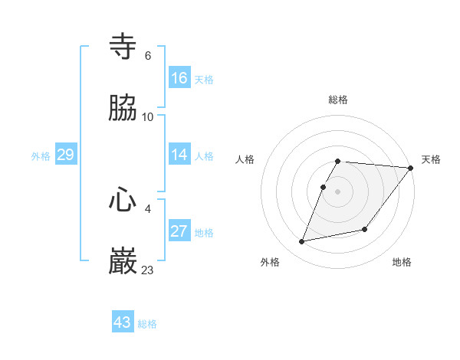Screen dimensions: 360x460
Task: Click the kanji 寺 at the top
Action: pos(123,47)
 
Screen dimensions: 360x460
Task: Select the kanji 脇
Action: pos(123,109)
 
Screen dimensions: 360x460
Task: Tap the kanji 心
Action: pos(123,200)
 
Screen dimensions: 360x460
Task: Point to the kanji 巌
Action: pos(123,261)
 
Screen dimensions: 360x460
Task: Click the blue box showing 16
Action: pos(179,77)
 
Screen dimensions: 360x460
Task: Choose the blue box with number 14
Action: pos(179,155)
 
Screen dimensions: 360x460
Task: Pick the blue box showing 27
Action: pos(179,231)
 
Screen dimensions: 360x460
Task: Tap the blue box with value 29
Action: pos(65,155)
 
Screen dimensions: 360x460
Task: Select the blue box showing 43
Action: pos(123,322)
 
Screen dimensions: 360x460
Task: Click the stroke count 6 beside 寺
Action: pos(148,55)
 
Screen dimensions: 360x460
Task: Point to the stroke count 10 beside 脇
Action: pos(148,116)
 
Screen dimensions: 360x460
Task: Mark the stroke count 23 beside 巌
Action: pos(148,270)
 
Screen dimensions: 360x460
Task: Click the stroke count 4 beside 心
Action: pos(148,208)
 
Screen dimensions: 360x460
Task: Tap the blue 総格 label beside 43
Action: pos(147,324)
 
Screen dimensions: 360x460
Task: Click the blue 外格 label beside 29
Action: pos(41,156)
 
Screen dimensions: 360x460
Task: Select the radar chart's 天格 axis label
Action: pos(431,159)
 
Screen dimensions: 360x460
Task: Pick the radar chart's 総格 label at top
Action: pos(338,100)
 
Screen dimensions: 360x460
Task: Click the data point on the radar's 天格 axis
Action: pos(411,168)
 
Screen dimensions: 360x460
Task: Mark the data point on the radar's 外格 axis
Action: pos(302,241)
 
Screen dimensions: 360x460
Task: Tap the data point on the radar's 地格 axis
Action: pos(365,229)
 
